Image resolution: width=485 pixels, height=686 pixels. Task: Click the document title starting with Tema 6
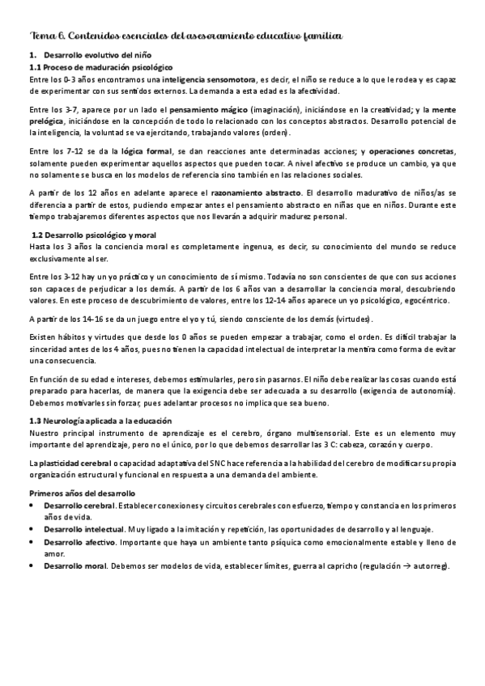click(x=185, y=35)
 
